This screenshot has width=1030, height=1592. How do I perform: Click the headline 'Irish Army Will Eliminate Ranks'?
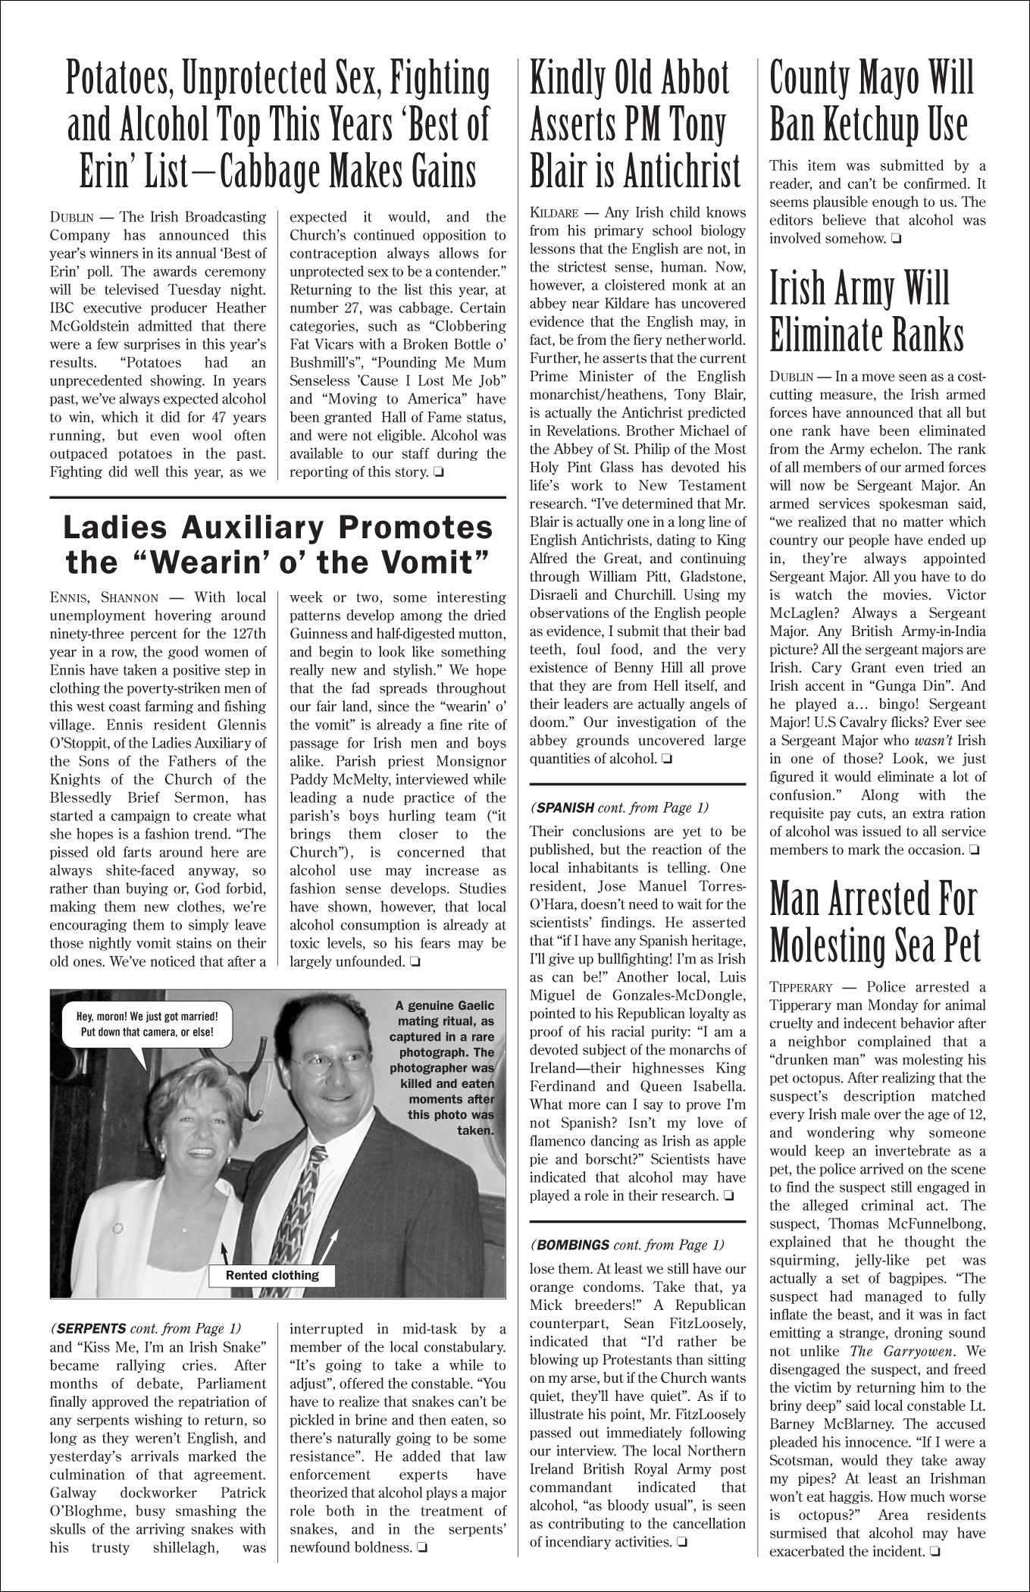click(x=866, y=312)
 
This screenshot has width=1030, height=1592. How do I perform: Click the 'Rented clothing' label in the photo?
click(x=273, y=1275)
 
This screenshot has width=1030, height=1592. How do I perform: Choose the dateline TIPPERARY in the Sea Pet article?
click(x=800, y=988)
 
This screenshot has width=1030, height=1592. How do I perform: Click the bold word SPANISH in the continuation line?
click(x=565, y=807)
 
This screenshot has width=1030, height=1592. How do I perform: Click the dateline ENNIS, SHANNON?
click(x=105, y=598)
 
